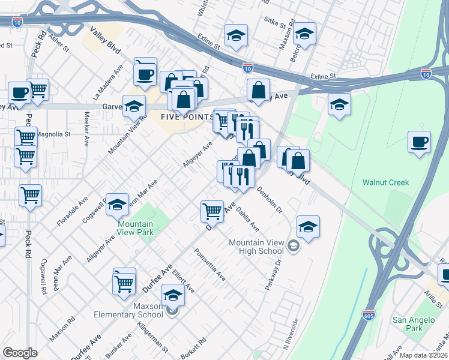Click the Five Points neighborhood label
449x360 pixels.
coord(188,116)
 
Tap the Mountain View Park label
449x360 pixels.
coord(134,228)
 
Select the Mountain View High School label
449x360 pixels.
coord(260,247)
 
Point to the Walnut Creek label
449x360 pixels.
coord(385,182)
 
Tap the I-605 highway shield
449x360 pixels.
coord(369,314)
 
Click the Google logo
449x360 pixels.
coord(20,353)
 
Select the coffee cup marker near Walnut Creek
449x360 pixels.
coord(419,143)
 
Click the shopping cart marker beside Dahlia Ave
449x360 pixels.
coord(212,211)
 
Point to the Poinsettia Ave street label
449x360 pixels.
coord(209,266)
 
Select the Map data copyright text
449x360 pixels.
coord(423,355)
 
